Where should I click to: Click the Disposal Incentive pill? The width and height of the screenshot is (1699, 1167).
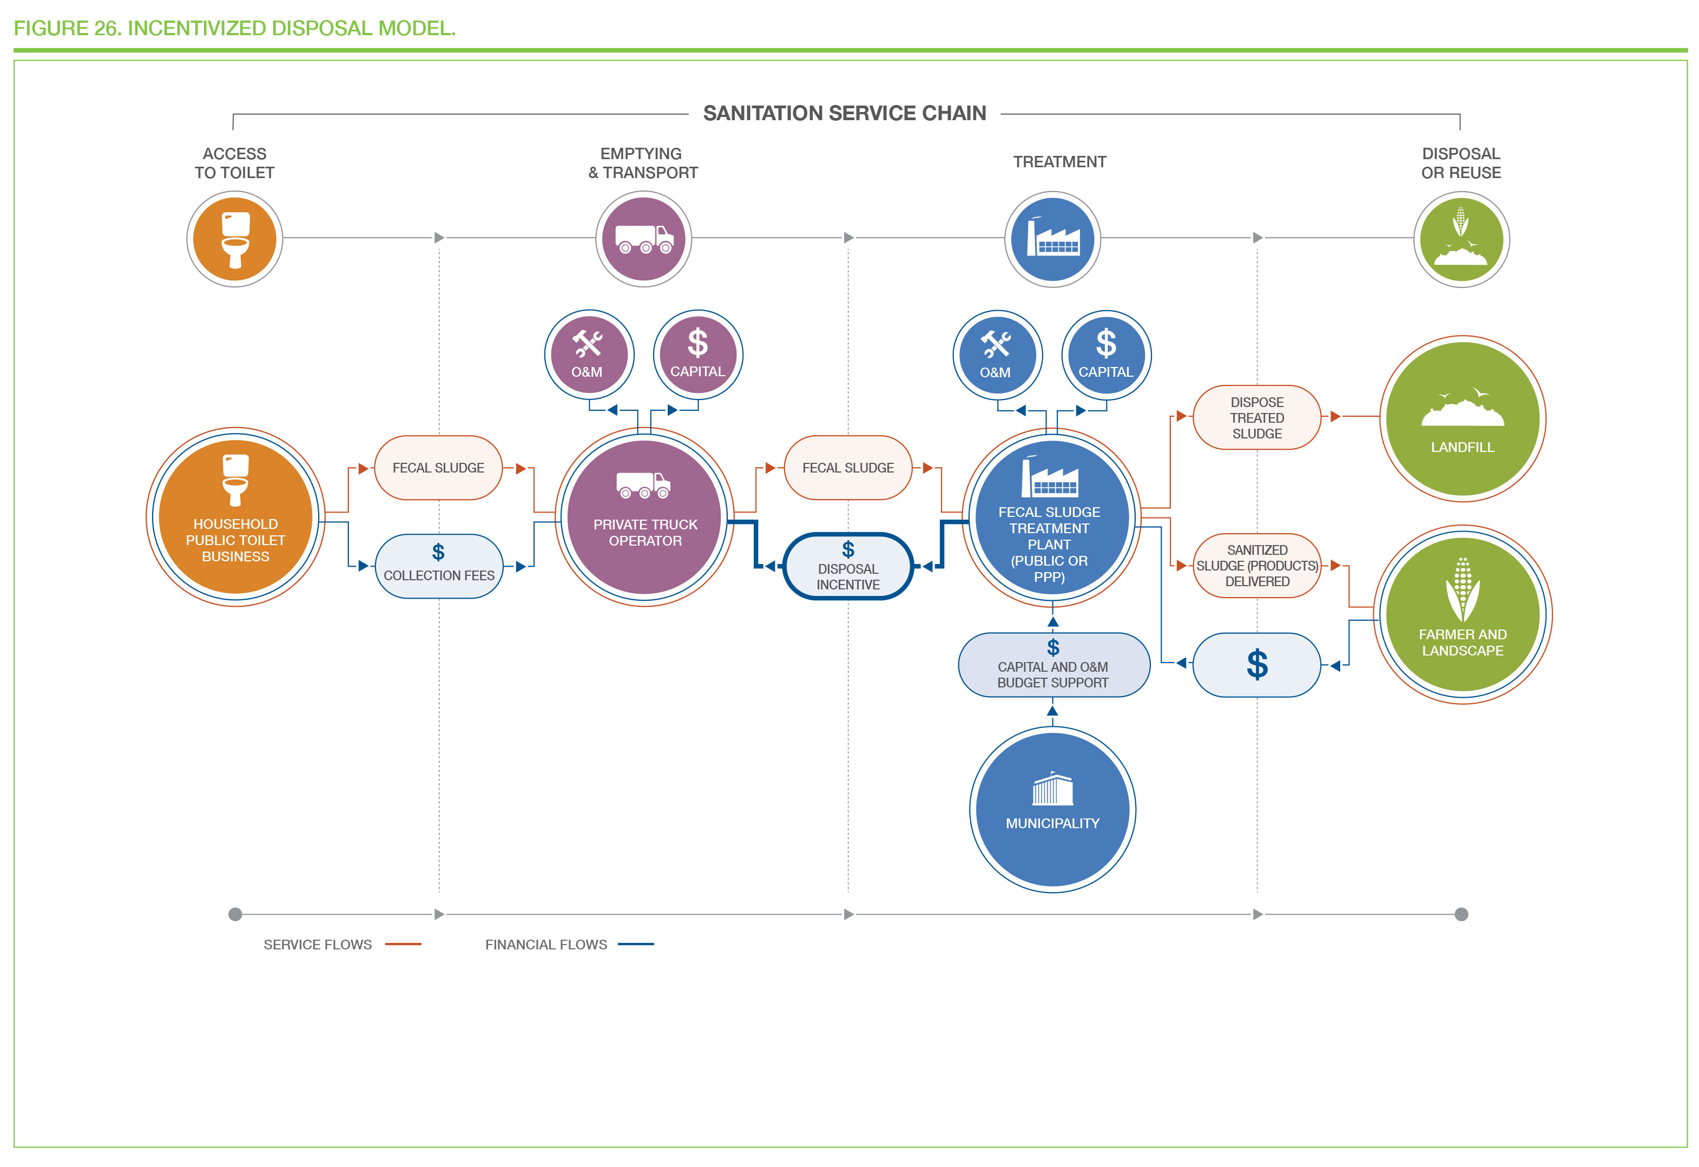pyautogui.click(x=848, y=567)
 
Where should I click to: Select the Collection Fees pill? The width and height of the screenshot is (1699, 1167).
pyautogui.click(x=439, y=567)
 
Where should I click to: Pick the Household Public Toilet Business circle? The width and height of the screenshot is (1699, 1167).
pyautogui.click(x=235, y=517)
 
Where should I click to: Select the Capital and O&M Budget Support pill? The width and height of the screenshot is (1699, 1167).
pyautogui.click(x=1053, y=665)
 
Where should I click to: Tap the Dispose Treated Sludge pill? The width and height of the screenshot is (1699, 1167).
pyautogui.click(x=1257, y=417)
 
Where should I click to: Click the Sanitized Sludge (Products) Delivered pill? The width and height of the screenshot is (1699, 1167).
pyautogui.click(x=1257, y=566)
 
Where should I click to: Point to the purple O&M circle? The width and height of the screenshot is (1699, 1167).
pyautogui.click(x=589, y=355)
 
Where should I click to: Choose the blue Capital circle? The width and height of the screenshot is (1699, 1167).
pyautogui.click(x=1106, y=356)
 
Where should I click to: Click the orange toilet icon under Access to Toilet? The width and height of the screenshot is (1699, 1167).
pyautogui.click(x=235, y=239)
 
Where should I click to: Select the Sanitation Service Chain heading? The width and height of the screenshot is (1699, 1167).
pyautogui.click(x=845, y=113)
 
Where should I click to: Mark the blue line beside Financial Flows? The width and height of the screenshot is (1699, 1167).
pyautogui.click(x=635, y=944)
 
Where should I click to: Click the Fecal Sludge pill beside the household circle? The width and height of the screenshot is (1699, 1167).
pyautogui.click(x=439, y=468)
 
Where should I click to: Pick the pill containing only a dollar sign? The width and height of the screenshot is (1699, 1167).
pyautogui.click(x=1257, y=665)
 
